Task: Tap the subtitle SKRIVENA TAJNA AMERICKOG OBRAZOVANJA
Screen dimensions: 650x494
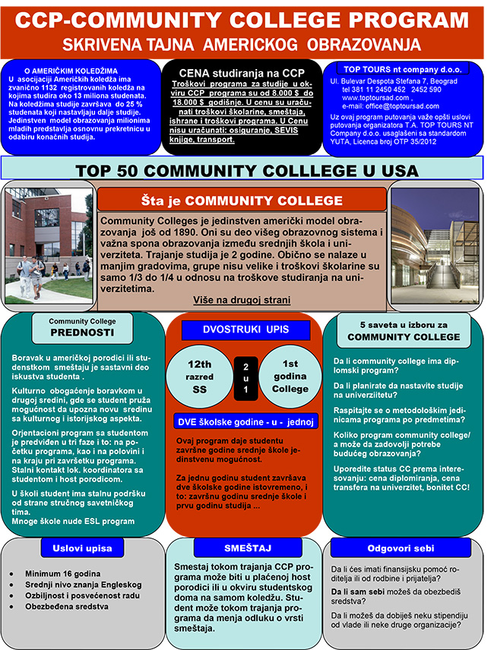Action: point(246,43)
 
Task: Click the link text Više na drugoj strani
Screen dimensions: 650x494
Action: point(241,300)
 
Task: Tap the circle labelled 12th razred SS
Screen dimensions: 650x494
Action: point(199,377)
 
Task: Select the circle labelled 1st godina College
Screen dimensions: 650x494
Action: point(291,377)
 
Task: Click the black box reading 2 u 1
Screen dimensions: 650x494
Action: point(245,378)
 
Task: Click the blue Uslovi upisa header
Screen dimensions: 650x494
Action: point(82,548)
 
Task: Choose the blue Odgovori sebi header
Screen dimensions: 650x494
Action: point(401,547)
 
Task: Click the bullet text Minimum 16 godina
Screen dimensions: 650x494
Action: point(64,573)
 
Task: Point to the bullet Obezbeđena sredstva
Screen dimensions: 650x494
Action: point(67,607)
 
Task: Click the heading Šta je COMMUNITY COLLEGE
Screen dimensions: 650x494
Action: point(242,201)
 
